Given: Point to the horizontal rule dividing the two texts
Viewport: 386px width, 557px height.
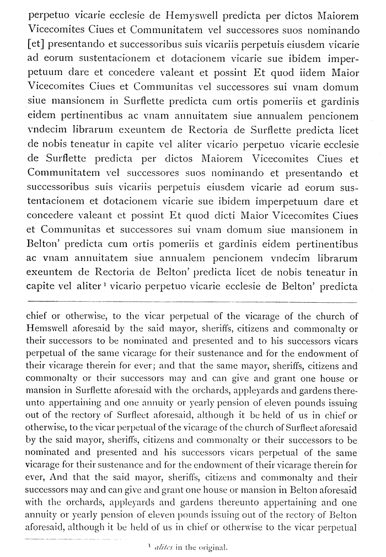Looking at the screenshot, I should click(x=193, y=302).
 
